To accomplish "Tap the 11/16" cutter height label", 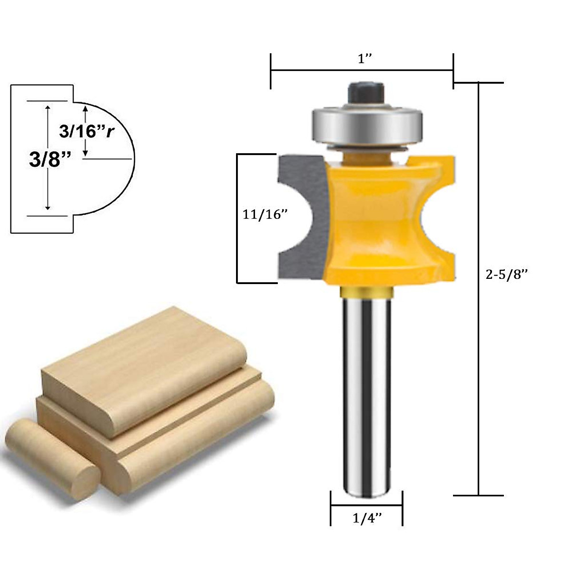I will pyautogui.click(x=266, y=215).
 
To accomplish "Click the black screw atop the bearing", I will pyautogui.click(x=366, y=93).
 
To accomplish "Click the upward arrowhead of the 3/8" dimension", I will pyautogui.click(x=48, y=108).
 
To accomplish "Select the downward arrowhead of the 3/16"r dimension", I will pyautogui.click(x=85, y=153).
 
